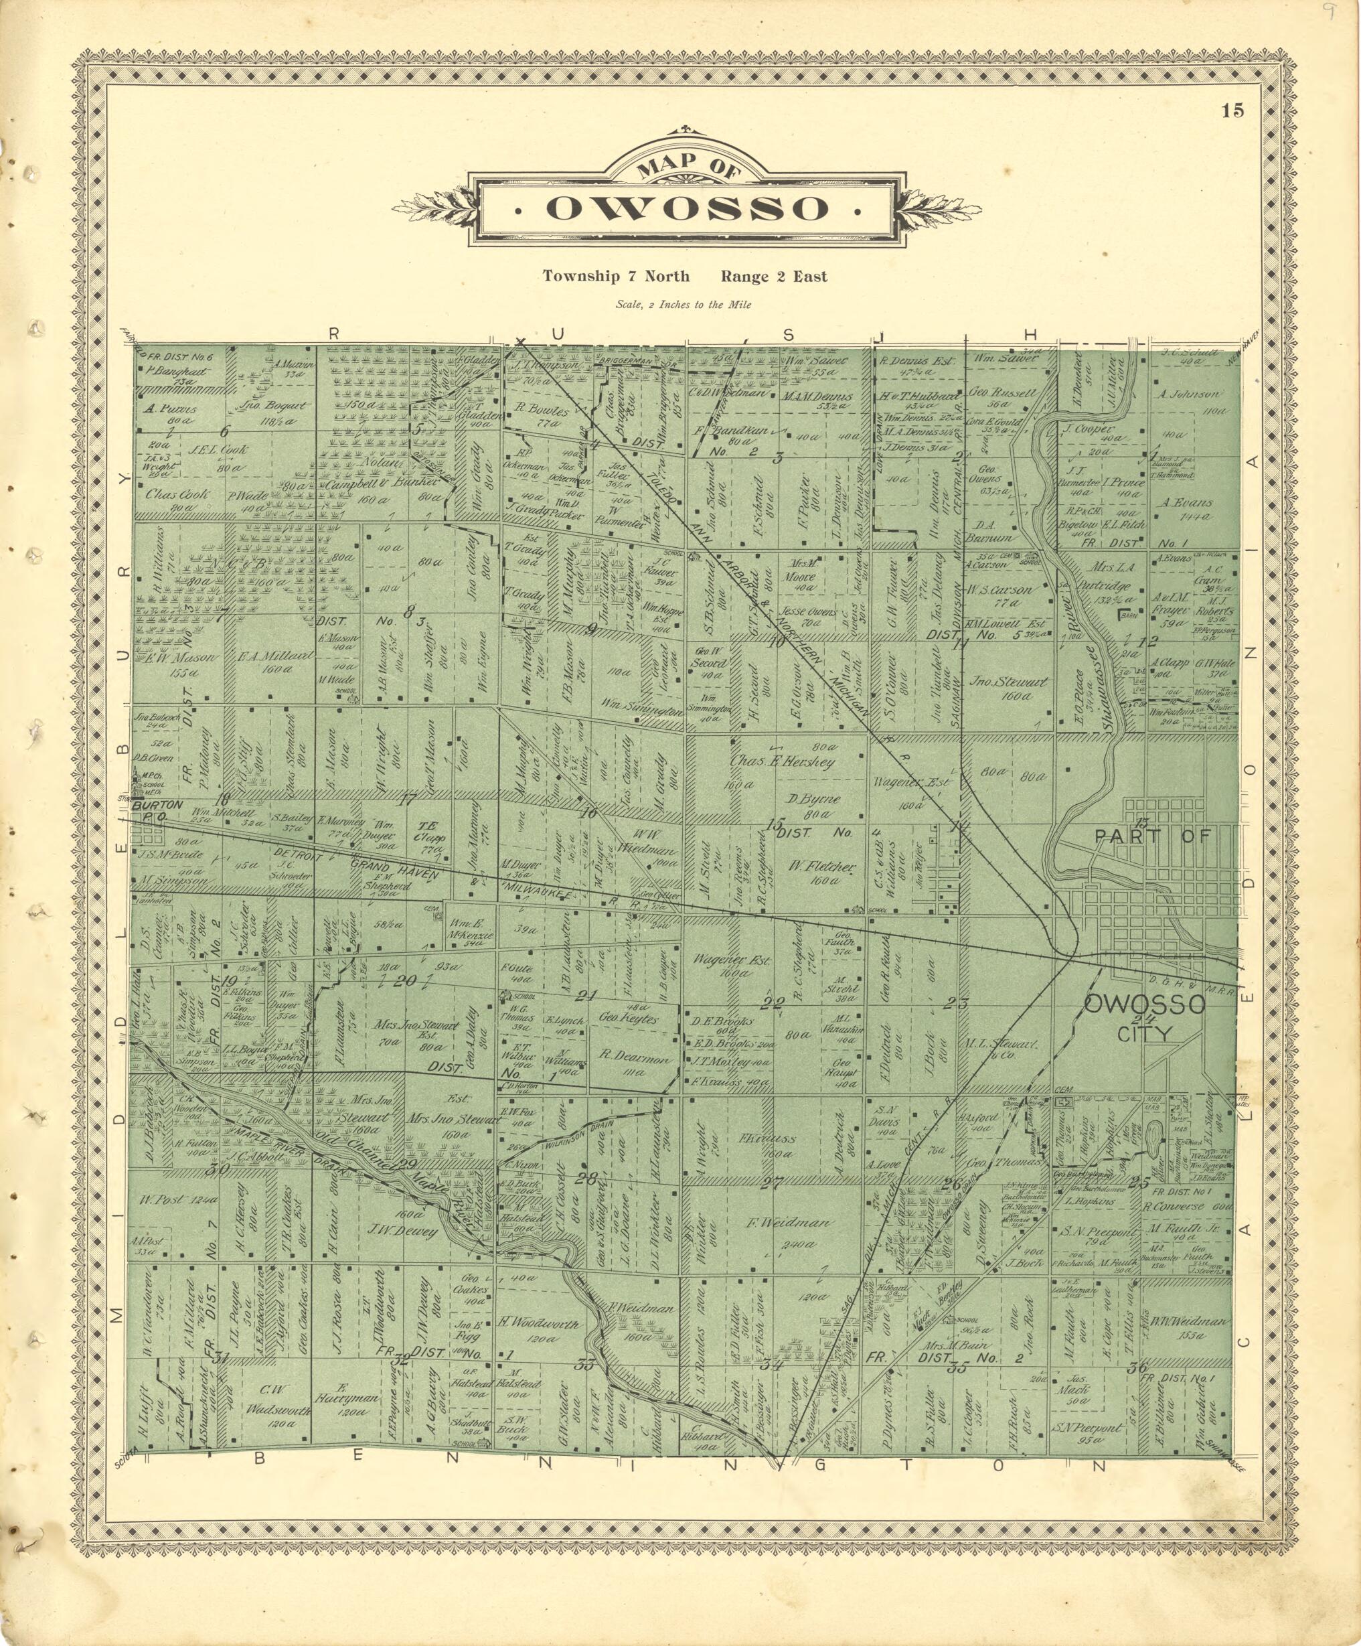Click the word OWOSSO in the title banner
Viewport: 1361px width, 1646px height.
(x=686, y=208)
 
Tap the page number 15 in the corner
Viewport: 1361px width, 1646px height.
(x=1232, y=110)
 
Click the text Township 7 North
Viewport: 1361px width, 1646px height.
(x=617, y=276)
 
